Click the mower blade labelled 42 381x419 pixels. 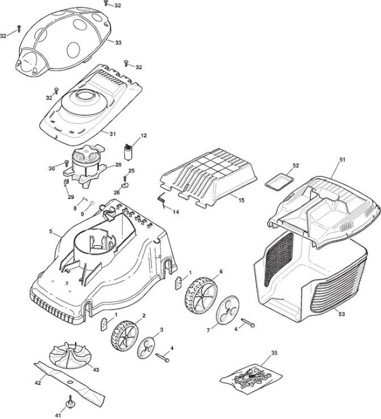[x=69, y=382]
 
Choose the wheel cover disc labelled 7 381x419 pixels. [x=227, y=310]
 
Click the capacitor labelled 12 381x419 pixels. [x=128, y=152]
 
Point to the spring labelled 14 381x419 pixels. [x=162, y=201]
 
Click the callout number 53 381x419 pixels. [x=342, y=314]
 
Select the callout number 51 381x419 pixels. [x=343, y=160]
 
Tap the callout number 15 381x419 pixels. [x=241, y=200]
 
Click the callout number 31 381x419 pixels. [x=113, y=134]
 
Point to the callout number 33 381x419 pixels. [x=118, y=42]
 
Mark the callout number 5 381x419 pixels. [x=51, y=231]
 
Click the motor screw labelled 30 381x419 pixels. [x=67, y=163]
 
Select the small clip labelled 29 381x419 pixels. [x=66, y=182]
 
